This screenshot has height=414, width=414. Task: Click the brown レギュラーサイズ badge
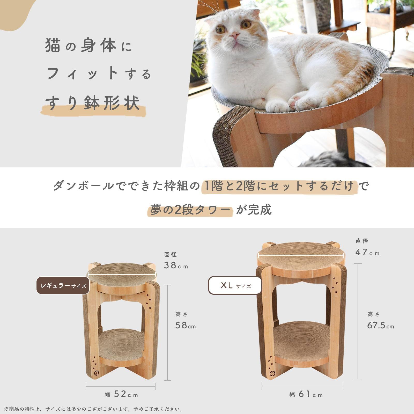click(63, 285)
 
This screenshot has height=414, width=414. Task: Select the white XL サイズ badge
click(235, 285)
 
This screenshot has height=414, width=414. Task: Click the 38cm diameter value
click(176, 265)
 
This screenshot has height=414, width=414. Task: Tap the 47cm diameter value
click(367, 252)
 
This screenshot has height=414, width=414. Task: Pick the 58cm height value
click(185, 325)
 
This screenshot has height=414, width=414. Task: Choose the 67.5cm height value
click(380, 325)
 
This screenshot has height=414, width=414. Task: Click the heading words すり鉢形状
click(92, 102)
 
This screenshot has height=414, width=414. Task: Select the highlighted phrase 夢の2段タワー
click(190, 210)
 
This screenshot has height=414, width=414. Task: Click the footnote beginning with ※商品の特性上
click(93, 409)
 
